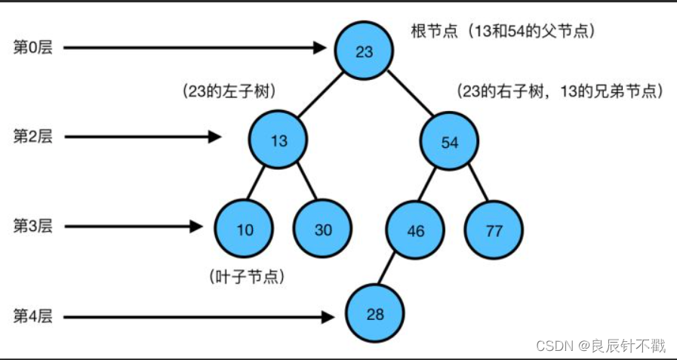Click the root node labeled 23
[x=365, y=51]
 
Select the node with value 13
[x=278, y=140]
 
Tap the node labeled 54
[x=449, y=142]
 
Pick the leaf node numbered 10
[x=245, y=229]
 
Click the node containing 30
[x=323, y=229]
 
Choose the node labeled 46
[x=416, y=230]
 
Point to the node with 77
[x=494, y=230]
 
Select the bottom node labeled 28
[x=376, y=314]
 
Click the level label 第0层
[x=33, y=48]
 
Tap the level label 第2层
[x=33, y=137]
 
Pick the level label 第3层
[x=33, y=226]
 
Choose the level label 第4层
[x=33, y=315]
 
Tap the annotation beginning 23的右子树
[x=559, y=91]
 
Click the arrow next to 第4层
[x=196, y=318]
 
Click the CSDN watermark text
[x=601, y=346]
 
